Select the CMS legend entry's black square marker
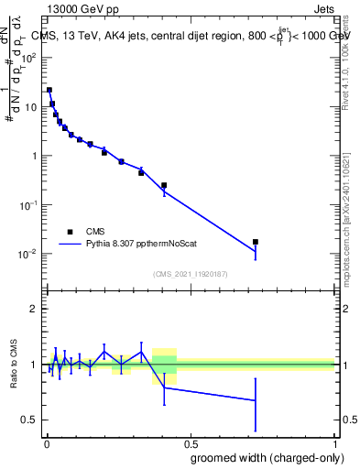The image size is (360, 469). click(69, 232)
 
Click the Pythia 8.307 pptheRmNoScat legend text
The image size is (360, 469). click(149, 245)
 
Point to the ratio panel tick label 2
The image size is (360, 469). click(33, 309)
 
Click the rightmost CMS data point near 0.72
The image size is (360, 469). click(256, 242)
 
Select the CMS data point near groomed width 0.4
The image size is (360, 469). click(164, 185)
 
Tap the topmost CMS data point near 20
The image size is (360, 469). click(49, 90)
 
